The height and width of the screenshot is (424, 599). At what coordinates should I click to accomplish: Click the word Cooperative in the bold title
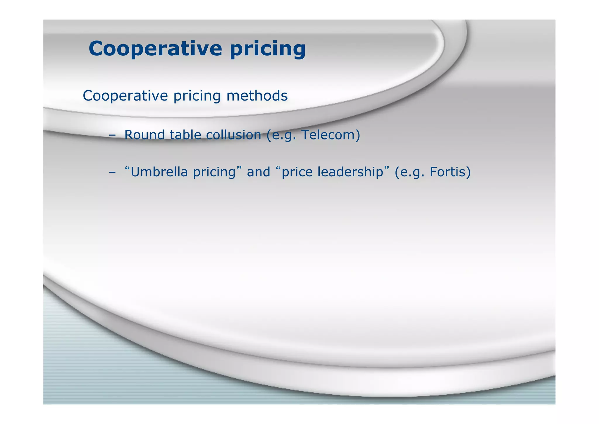tap(155, 48)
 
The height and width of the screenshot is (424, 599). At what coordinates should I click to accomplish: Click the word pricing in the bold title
tap(268, 49)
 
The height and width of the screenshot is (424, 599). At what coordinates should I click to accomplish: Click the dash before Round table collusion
tap(112, 135)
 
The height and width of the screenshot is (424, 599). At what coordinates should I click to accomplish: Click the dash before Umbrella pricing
tap(112, 172)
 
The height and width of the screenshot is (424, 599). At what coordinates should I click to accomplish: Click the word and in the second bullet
tap(258, 172)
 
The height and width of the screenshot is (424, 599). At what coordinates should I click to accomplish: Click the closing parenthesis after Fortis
tap(469, 172)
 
